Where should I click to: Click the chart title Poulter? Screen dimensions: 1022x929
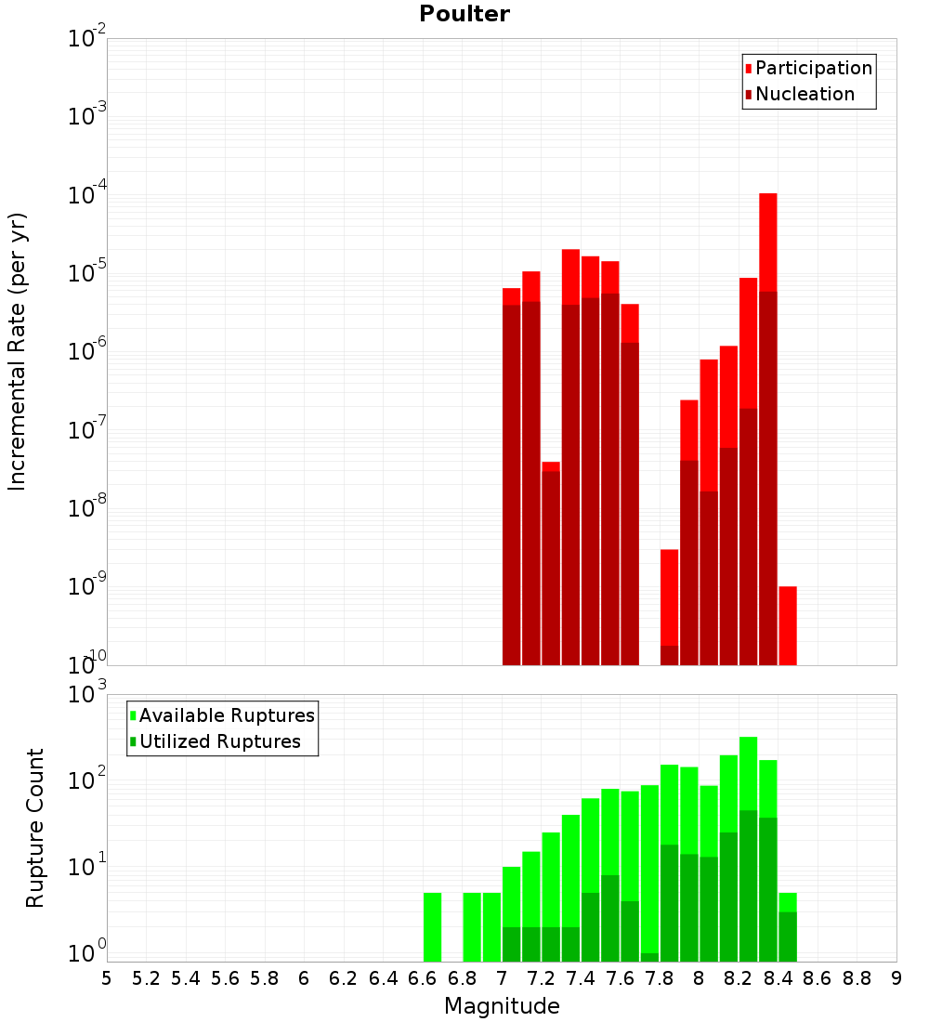pos(464,14)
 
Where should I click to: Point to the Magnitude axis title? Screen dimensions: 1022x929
pos(502,1006)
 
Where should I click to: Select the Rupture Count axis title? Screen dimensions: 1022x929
pos(35,828)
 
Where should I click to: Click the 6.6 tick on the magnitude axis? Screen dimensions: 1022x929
pos(423,977)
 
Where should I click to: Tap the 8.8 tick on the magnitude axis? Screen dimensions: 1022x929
pos(857,977)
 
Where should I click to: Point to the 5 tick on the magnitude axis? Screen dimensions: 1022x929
pos(107,977)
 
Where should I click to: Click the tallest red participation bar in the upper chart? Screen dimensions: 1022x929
pos(767,242)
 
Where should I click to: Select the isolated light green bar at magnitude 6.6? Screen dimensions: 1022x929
pos(432,926)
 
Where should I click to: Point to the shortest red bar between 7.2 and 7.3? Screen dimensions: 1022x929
pos(551,466)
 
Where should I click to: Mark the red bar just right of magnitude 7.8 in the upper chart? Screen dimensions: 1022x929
pos(669,595)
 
